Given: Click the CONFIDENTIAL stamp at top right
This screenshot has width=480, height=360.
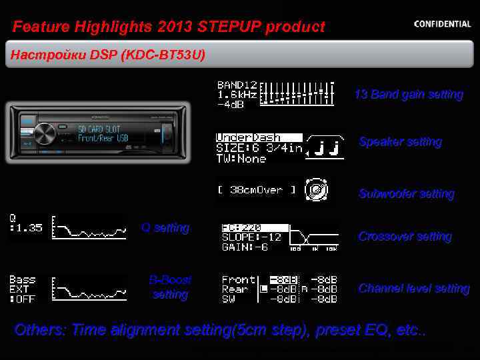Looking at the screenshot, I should pos(442,24).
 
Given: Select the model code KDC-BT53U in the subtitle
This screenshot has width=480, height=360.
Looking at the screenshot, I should pos(163,55).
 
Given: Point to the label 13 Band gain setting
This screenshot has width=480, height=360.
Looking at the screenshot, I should pos(408,95).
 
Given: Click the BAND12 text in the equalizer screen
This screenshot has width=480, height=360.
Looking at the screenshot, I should pos(237,85).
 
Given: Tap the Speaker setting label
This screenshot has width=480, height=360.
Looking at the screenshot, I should pos(400,142).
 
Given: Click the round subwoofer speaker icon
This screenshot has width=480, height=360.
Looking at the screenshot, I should pos(316,190).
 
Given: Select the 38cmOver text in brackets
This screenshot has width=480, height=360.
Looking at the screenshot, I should pos(256,190).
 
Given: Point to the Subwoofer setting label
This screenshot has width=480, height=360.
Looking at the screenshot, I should pos(406,194).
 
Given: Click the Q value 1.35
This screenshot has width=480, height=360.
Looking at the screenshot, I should pos(28,228).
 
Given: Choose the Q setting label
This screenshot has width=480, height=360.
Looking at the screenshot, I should pos(165,228).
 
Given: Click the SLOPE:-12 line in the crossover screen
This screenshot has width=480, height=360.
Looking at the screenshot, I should pos(251,237).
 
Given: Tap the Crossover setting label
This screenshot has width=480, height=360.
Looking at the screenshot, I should pos(405,237).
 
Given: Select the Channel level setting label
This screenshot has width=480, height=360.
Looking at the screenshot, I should pos(413,289).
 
